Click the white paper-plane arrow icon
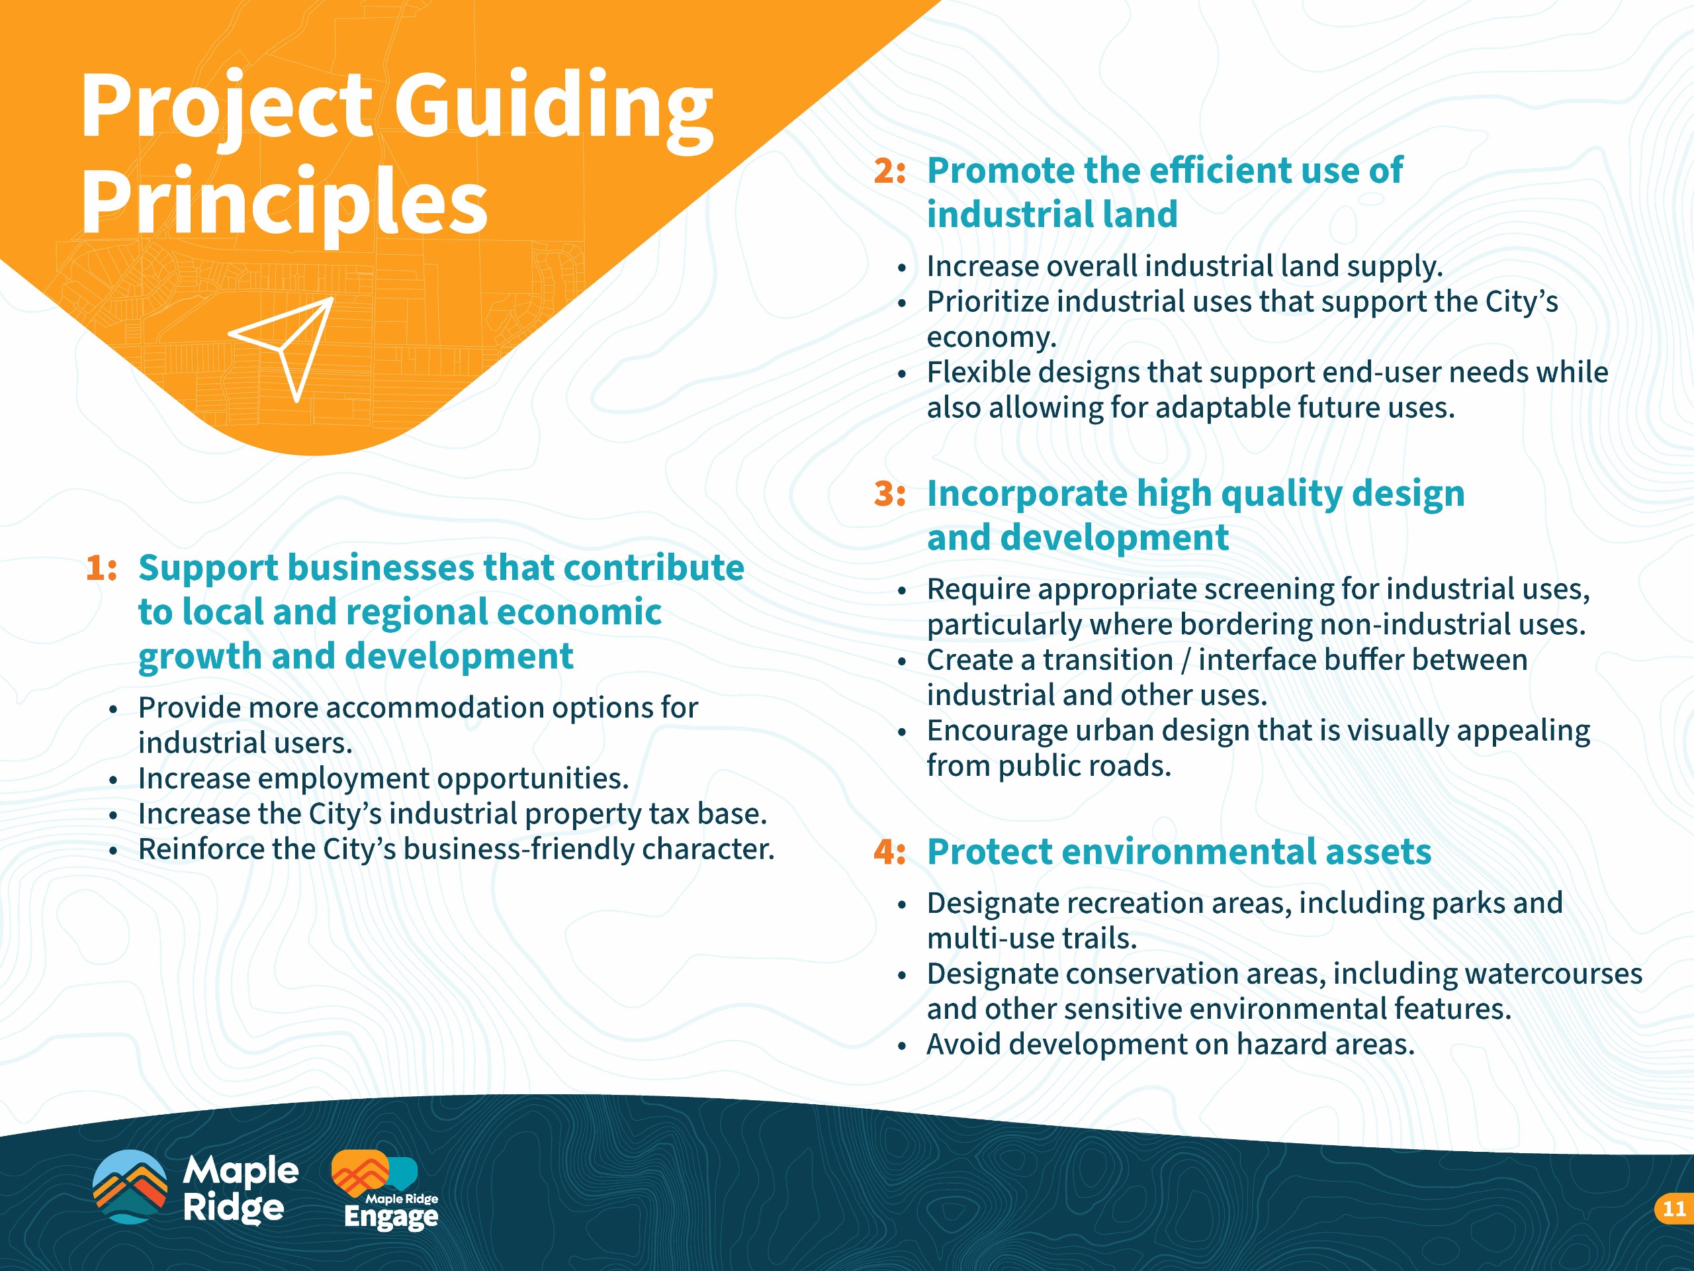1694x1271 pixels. (285, 346)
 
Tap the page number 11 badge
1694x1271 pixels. (1675, 1209)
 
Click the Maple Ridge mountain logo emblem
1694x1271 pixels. (130, 1187)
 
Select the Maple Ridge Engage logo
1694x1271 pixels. (384, 1190)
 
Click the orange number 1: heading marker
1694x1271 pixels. (101, 568)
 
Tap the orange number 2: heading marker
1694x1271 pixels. (890, 171)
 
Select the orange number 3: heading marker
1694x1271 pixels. (890, 493)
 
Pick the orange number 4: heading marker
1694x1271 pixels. (890, 852)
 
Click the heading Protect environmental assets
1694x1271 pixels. (1179, 852)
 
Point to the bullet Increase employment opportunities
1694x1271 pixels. (383, 779)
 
